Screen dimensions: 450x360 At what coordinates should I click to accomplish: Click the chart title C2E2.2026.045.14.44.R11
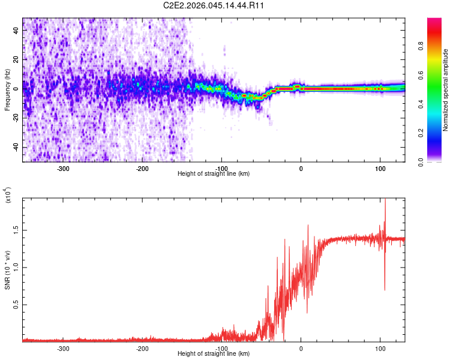pos(213,5)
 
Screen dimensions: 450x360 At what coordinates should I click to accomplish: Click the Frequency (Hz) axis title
pos(7,90)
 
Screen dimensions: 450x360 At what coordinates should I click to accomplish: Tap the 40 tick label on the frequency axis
pos(16,30)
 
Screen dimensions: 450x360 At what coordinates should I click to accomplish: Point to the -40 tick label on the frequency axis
pos(16,147)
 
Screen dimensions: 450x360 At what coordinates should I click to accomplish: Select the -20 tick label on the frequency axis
pos(16,118)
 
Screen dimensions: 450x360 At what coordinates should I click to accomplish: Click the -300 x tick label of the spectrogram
pos(63,169)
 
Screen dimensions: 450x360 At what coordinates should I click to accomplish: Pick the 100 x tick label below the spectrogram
pos(380,169)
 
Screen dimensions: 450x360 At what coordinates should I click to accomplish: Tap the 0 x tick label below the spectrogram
pos(301,169)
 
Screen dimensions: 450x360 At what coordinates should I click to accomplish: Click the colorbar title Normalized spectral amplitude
pos(445,90)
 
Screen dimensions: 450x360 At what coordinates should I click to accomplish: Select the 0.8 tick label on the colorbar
pos(421,46)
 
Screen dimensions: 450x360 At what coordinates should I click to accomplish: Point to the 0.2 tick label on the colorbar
pos(421,133)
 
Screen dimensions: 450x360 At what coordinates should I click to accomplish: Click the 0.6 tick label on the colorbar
pos(421,75)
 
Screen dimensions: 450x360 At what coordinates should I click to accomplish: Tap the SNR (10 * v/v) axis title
pos(7,270)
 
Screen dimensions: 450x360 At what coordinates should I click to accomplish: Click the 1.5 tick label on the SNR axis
pos(16,230)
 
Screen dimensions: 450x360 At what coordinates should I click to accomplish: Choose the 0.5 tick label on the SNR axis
pos(16,305)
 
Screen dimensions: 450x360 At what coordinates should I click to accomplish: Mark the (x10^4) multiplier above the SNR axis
pos(7,195)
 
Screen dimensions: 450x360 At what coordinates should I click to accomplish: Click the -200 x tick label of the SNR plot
pos(142,349)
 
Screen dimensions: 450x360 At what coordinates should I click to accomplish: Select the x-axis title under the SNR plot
pos(214,353)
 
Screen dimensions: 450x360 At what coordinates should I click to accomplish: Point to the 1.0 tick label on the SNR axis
pos(16,267)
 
